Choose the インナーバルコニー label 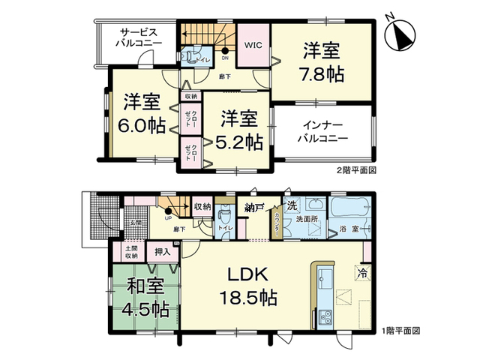(322, 133)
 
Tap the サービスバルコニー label (139, 38)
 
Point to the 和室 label (145, 286)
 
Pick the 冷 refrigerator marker (362, 273)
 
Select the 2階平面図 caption (355, 170)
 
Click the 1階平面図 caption (400, 330)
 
